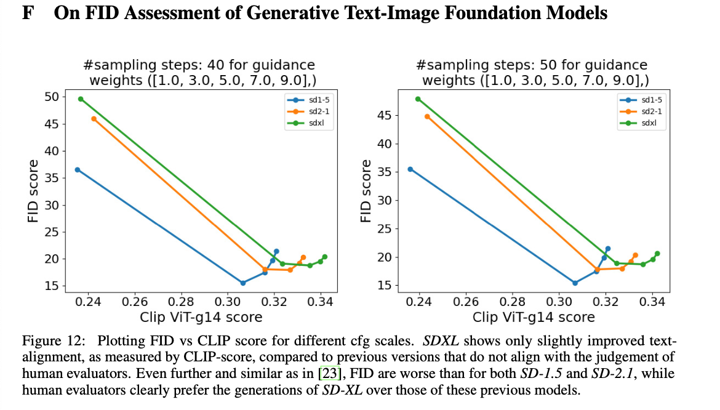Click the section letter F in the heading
tap(27, 13)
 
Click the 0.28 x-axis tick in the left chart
tap(182, 302)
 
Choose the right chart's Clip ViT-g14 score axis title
tap(534, 318)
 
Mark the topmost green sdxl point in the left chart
tap(81, 98)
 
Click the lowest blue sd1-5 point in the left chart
tap(243, 283)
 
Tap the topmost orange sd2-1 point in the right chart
tap(427, 116)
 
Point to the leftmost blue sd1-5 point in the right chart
tap(410, 169)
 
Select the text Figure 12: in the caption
tap(49, 341)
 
